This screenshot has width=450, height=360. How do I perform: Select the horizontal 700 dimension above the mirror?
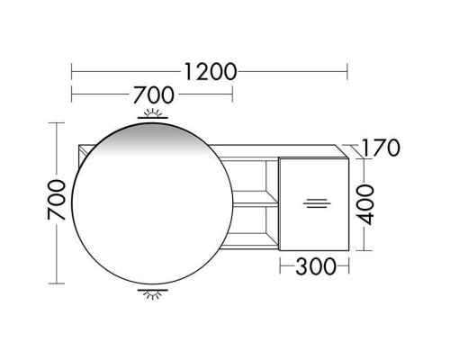point(154,93)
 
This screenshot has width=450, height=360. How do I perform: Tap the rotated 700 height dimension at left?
point(55,202)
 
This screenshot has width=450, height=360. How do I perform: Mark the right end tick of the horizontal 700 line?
point(232,93)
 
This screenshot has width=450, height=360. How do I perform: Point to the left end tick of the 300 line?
point(279,266)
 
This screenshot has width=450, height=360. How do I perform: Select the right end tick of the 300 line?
point(347,266)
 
